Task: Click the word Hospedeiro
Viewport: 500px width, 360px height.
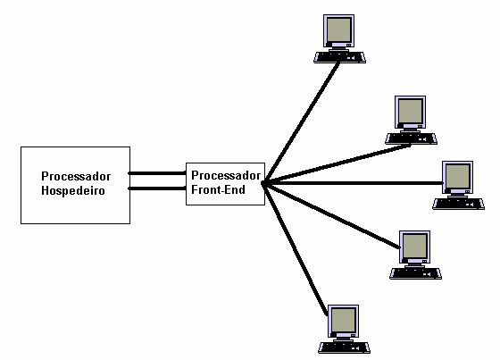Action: [73, 190]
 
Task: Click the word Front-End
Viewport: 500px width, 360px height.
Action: [218, 189]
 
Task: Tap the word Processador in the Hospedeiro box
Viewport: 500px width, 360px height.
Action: [76, 176]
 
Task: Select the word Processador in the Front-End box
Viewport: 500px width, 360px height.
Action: [226, 175]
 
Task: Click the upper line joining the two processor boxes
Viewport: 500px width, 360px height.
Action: [157, 173]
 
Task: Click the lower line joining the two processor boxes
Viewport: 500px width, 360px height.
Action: [157, 188]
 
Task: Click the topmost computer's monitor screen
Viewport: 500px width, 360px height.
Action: [338, 29]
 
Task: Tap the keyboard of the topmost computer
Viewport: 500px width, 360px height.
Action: [339, 57]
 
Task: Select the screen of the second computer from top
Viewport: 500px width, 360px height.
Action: [410, 111]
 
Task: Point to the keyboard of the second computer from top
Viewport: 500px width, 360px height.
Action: [411, 138]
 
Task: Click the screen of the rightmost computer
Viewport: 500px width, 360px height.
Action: [457, 176]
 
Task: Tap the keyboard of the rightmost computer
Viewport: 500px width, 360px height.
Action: [458, 204]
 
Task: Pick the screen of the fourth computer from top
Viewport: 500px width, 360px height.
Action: [414, 246]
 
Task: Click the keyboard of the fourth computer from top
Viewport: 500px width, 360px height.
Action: [415, 274]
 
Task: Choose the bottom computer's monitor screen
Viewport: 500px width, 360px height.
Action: [343, 320]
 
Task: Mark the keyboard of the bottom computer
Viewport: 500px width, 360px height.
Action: [344, 347]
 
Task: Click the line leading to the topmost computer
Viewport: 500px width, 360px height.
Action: [301, 122]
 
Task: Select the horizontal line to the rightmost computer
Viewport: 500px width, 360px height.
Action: [353, 183]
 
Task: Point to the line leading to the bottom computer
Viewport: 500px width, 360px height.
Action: [296, 249]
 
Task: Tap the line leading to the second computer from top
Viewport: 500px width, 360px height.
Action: [337, 164]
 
